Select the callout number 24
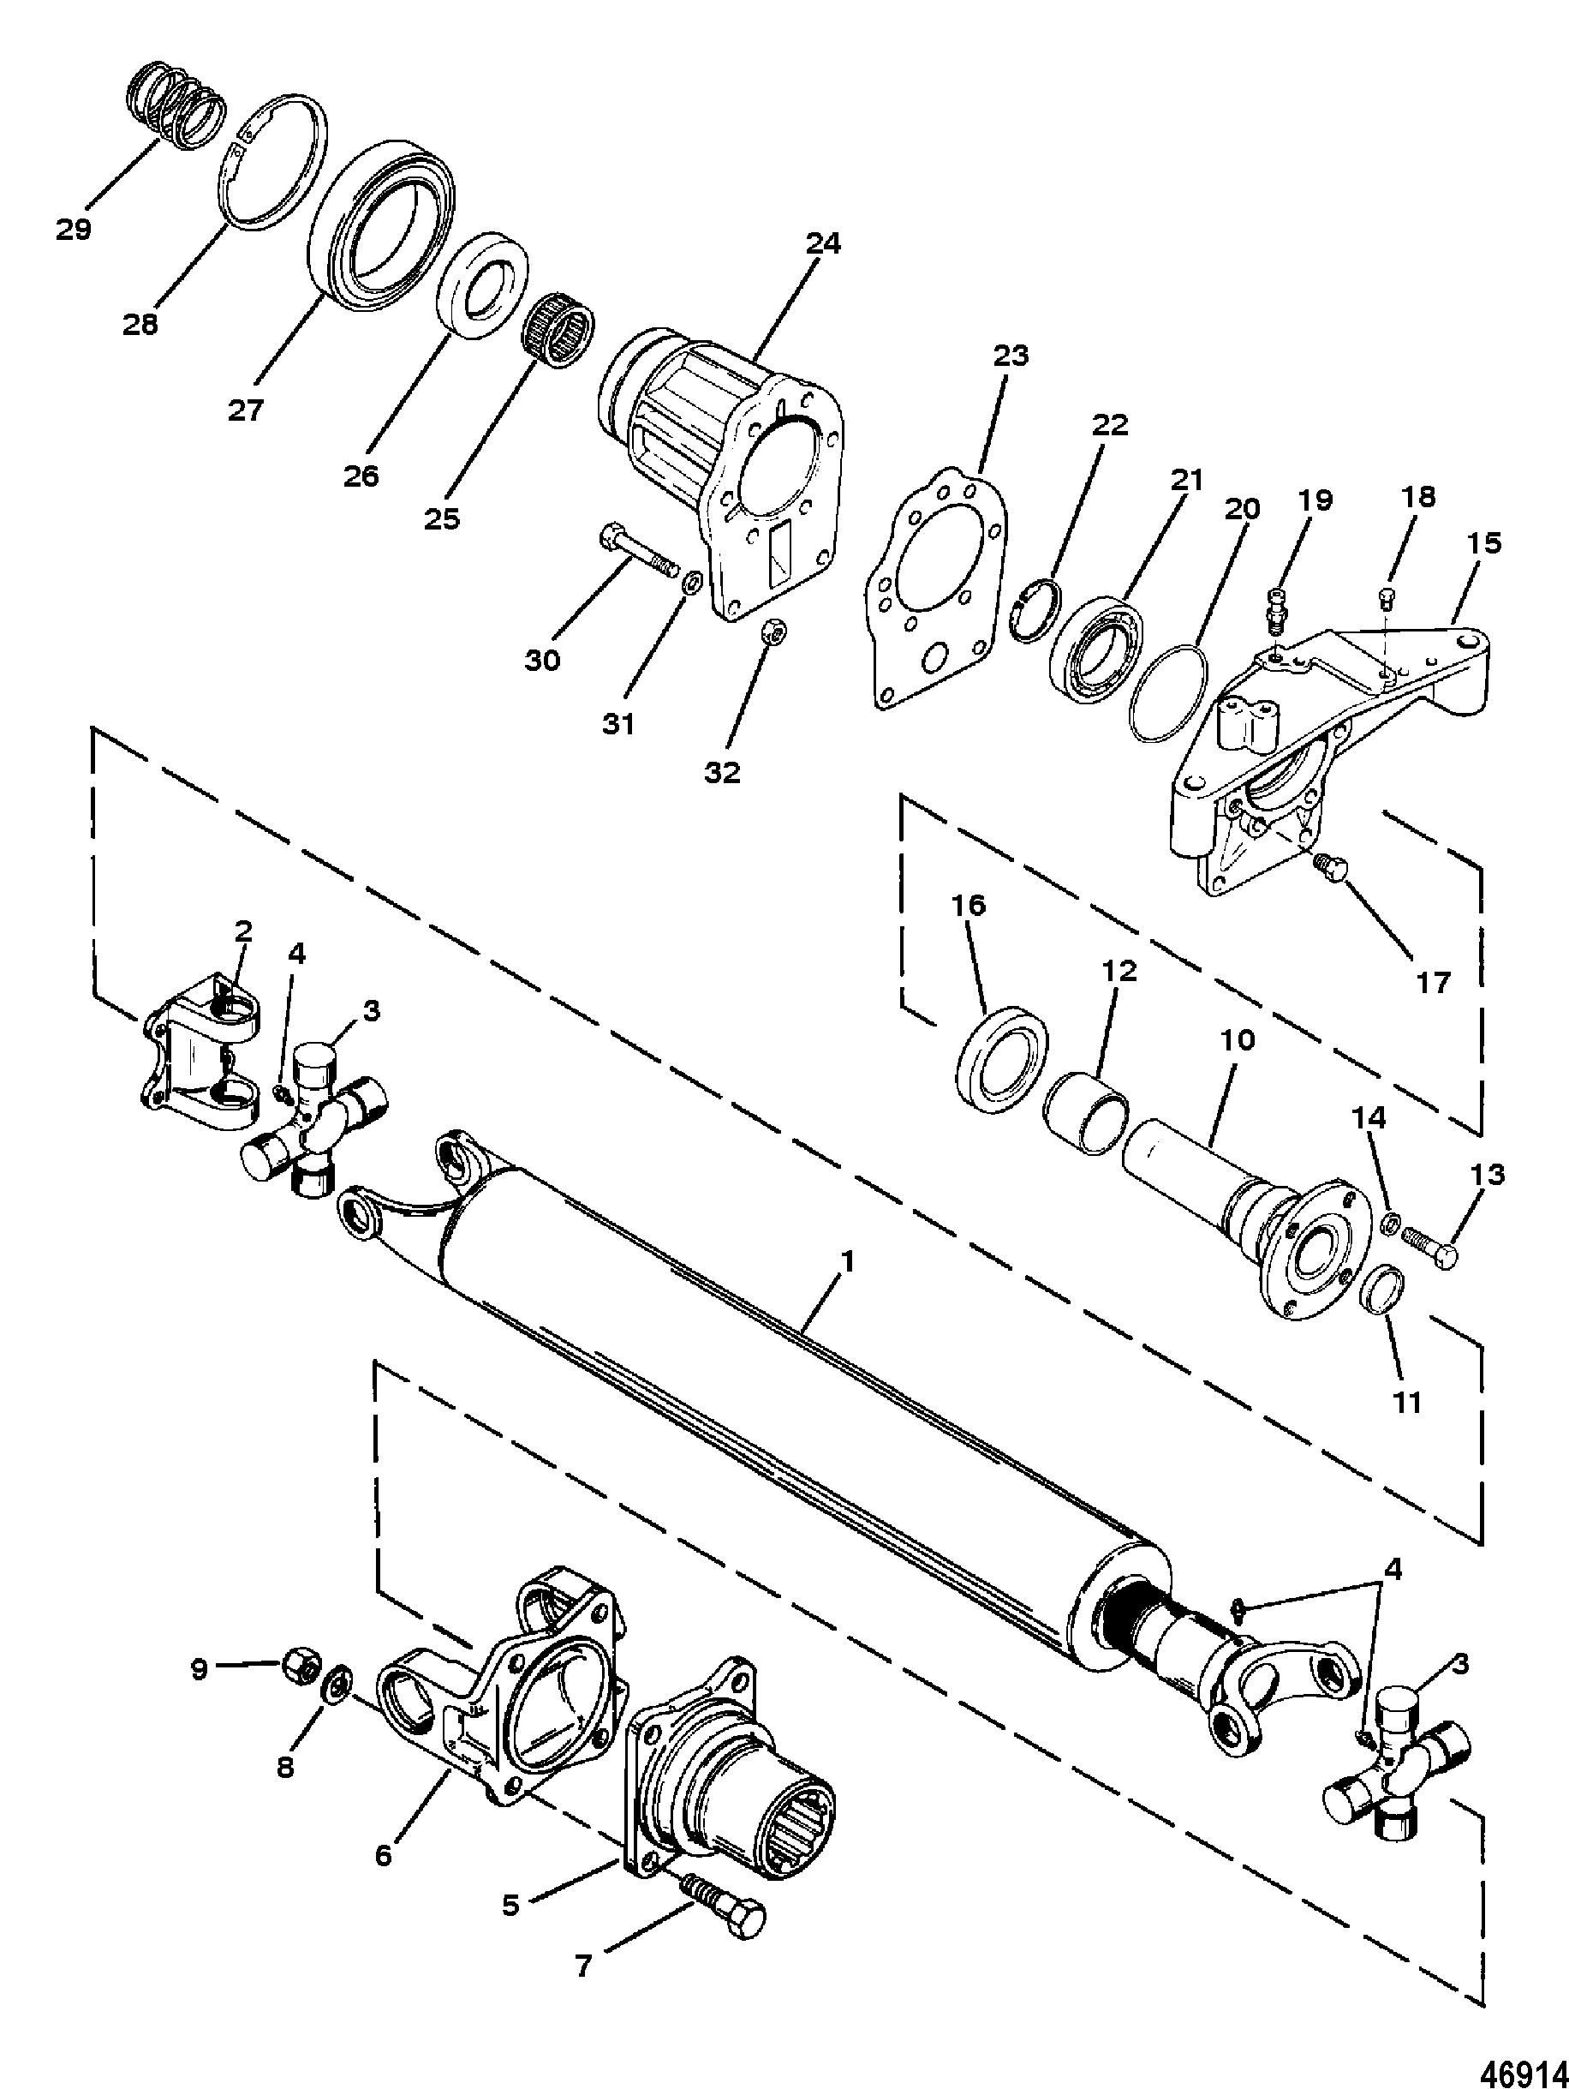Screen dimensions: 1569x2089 tap(822, 244)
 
